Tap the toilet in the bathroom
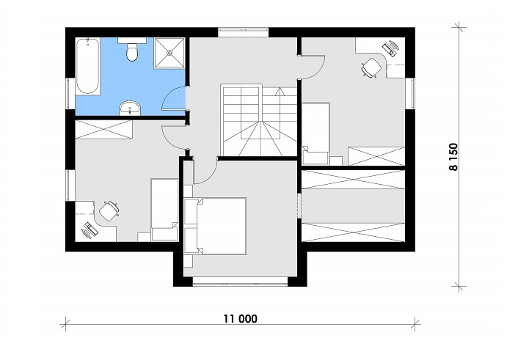(x=133, y=52)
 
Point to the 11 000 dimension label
(x=240, y=318)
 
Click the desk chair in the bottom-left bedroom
(x=109, y=211)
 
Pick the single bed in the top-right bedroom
(x=316, y=133)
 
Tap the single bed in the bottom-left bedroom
(x=164, y=208)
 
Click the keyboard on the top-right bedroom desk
(x=390, y=48)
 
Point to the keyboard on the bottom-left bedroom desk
(x=89, y=230)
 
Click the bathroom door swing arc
(x=175, y=99)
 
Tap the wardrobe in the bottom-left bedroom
(x=104, y=131)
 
